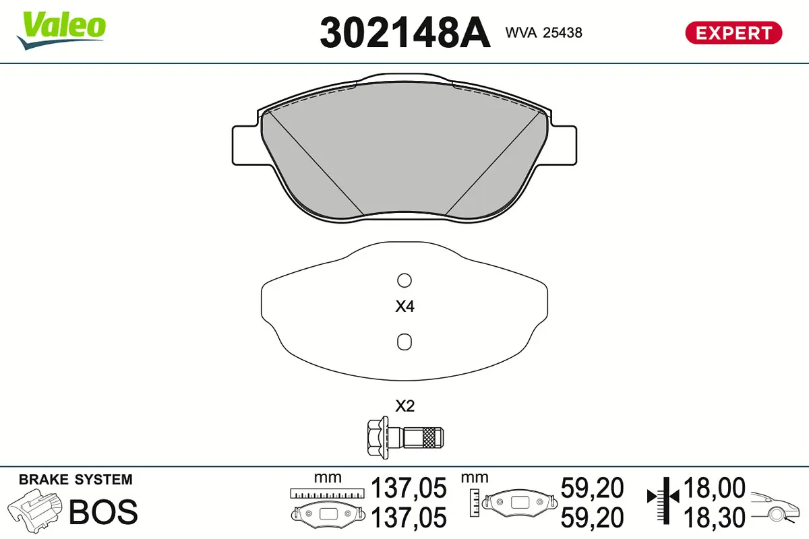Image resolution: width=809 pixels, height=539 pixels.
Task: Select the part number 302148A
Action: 404,32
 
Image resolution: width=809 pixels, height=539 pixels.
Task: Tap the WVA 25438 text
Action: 544,32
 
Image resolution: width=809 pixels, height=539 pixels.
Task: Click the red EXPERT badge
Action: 733,32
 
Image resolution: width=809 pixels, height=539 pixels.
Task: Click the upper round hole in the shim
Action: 404,280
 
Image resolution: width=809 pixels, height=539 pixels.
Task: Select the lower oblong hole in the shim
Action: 404,342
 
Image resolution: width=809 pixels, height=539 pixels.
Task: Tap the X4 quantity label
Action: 404,307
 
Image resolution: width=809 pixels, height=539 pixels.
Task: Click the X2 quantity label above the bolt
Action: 404,406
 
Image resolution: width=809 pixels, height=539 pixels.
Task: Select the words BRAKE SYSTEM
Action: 76,480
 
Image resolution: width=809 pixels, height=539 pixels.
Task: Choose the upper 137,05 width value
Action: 409,487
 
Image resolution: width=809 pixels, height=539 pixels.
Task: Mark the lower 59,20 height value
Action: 592,517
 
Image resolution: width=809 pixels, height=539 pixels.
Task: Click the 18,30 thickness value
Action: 715,517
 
